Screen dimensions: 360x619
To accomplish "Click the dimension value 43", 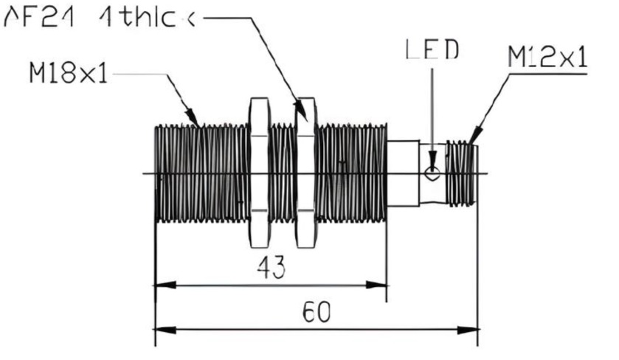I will point(272,269).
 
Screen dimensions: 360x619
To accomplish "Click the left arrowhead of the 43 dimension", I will point(159,284).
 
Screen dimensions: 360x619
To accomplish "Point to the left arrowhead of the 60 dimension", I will point(159,327).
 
